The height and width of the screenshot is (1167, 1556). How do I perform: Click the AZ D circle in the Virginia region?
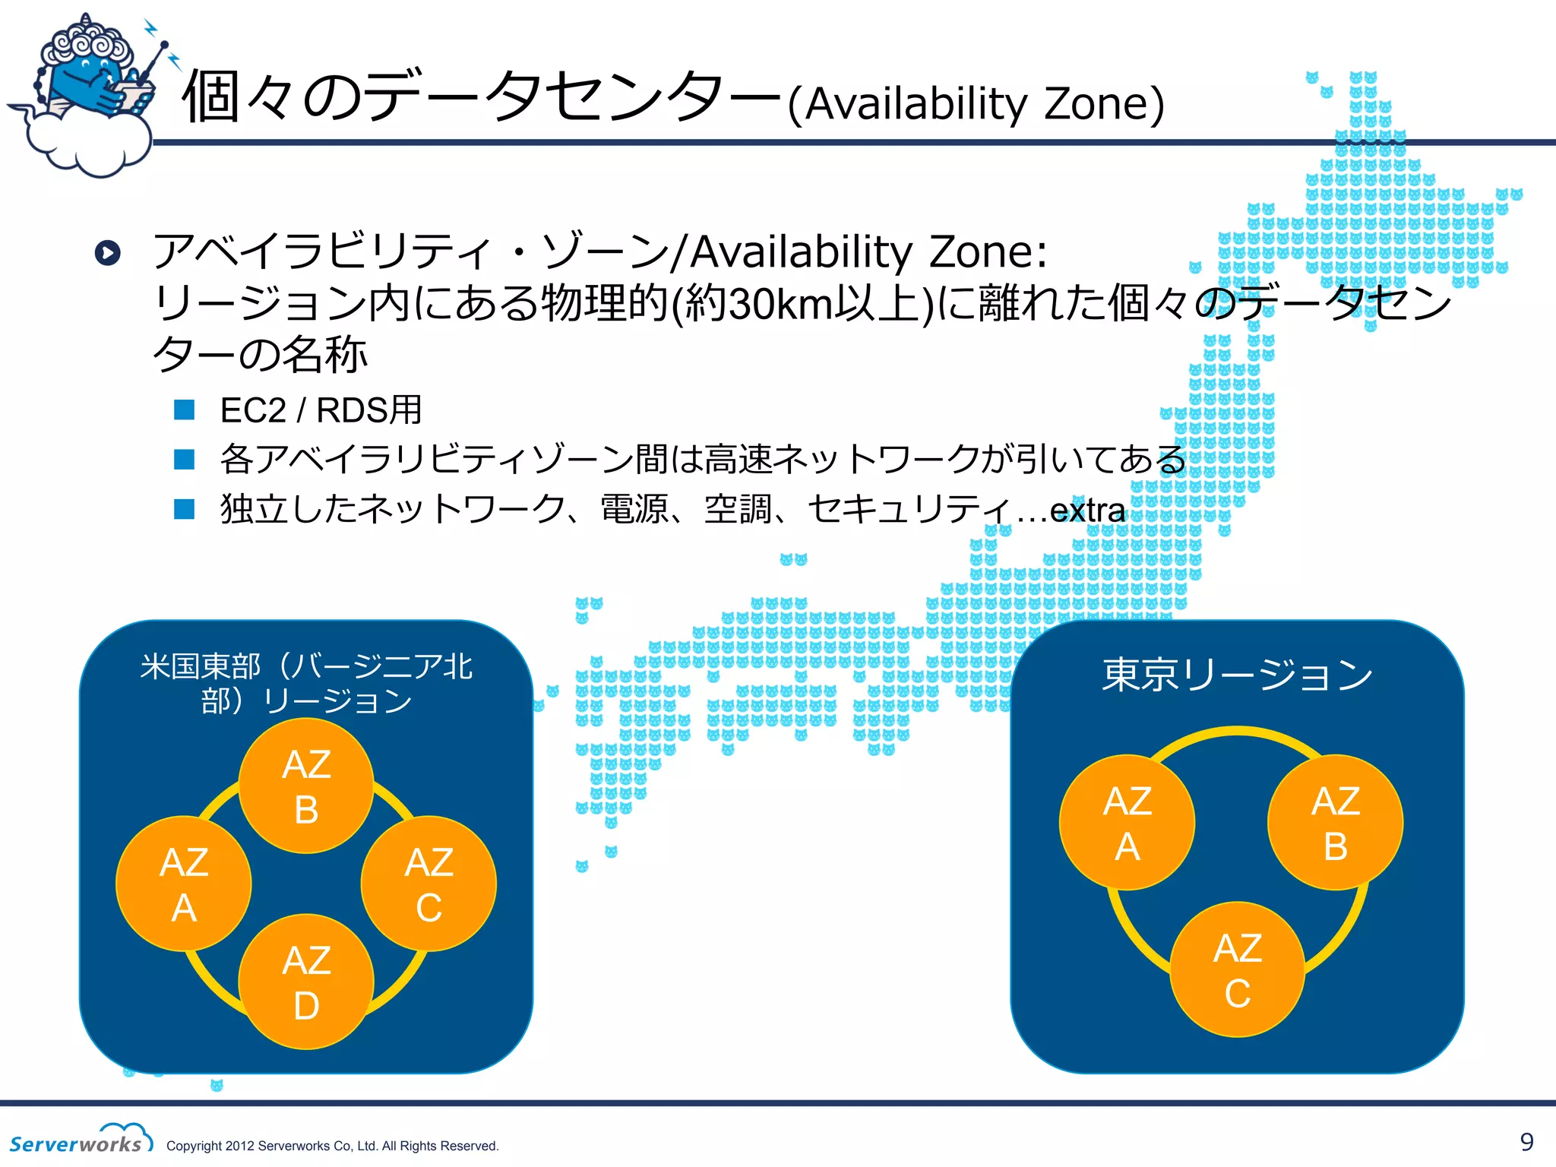(306, 982)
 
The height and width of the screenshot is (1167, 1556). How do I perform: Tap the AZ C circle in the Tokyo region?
(1237, 969)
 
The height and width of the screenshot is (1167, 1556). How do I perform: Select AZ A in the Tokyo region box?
(1127, 822)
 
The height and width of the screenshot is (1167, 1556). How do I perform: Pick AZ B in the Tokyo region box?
(1335, 822)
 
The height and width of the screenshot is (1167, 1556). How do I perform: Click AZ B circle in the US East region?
(306, 786)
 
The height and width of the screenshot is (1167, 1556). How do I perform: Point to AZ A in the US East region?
(184, 884)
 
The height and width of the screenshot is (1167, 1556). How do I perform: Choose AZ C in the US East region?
(429, 884)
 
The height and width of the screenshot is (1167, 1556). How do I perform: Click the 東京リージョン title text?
(1237, 675)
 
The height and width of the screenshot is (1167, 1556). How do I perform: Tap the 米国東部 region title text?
(306, 683)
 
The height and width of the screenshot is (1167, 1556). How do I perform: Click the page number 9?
(1526, 1141)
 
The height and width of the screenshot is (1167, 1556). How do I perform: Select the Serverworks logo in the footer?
(80, 1139)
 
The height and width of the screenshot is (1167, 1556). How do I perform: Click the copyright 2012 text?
(332, 1146)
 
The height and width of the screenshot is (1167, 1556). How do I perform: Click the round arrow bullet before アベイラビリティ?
(108, 252)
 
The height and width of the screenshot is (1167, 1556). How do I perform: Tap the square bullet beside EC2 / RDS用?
(185, 410)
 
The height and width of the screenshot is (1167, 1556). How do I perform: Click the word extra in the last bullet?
(1087, 510)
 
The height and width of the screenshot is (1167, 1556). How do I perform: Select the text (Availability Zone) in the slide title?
(976, 104)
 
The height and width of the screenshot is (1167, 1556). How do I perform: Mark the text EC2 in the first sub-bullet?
(253, 410)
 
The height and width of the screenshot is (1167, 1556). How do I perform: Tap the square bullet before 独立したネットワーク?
(185, 509)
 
